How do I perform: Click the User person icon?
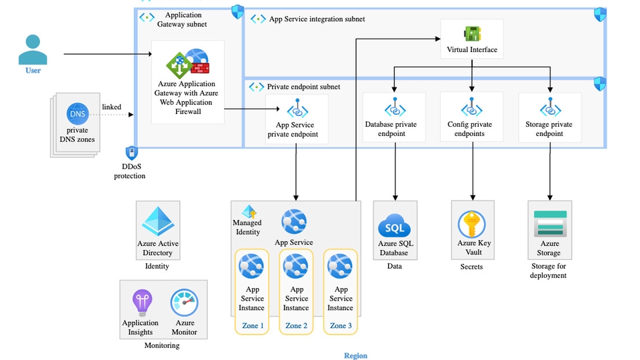(x=33, y=49)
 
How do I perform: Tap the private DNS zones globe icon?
(x=77, y=114)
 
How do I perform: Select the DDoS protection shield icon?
(x=131, y=153)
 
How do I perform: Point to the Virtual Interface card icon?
(x=472, y=33)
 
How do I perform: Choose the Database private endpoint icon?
(x=395, y=109)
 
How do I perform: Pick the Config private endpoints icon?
(x=473, y=109)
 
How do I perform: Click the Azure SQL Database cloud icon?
(x=395, y=225)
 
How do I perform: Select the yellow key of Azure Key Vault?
(x=473, y=223)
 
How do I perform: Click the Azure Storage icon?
(x=550, y=224)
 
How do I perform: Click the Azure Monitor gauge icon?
(x=184, y=303)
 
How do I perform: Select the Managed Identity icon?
(x=249, y=211)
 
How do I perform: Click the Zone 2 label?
(x=296, y=326)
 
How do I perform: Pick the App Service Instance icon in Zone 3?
(x=341, y=267)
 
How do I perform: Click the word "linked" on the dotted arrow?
(x=111, y=107)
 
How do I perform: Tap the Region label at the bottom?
(x=355, y=355)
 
